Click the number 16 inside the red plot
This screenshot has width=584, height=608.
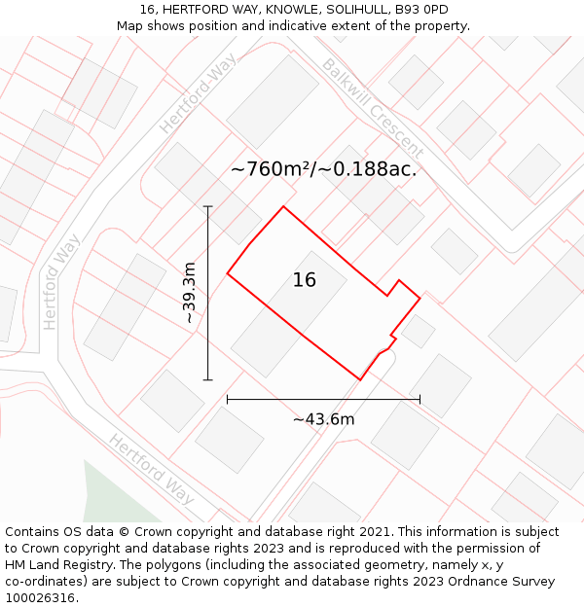305,280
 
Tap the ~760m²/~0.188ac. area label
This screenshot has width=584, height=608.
323,169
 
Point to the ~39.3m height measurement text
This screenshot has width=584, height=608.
190,293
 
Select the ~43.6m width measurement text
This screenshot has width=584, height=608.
323,419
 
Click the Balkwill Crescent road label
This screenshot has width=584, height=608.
372,109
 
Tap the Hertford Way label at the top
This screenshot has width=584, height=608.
199,93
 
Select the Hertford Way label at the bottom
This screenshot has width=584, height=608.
152,469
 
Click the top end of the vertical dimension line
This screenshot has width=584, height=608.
207,206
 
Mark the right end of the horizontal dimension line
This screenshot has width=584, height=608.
420,399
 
